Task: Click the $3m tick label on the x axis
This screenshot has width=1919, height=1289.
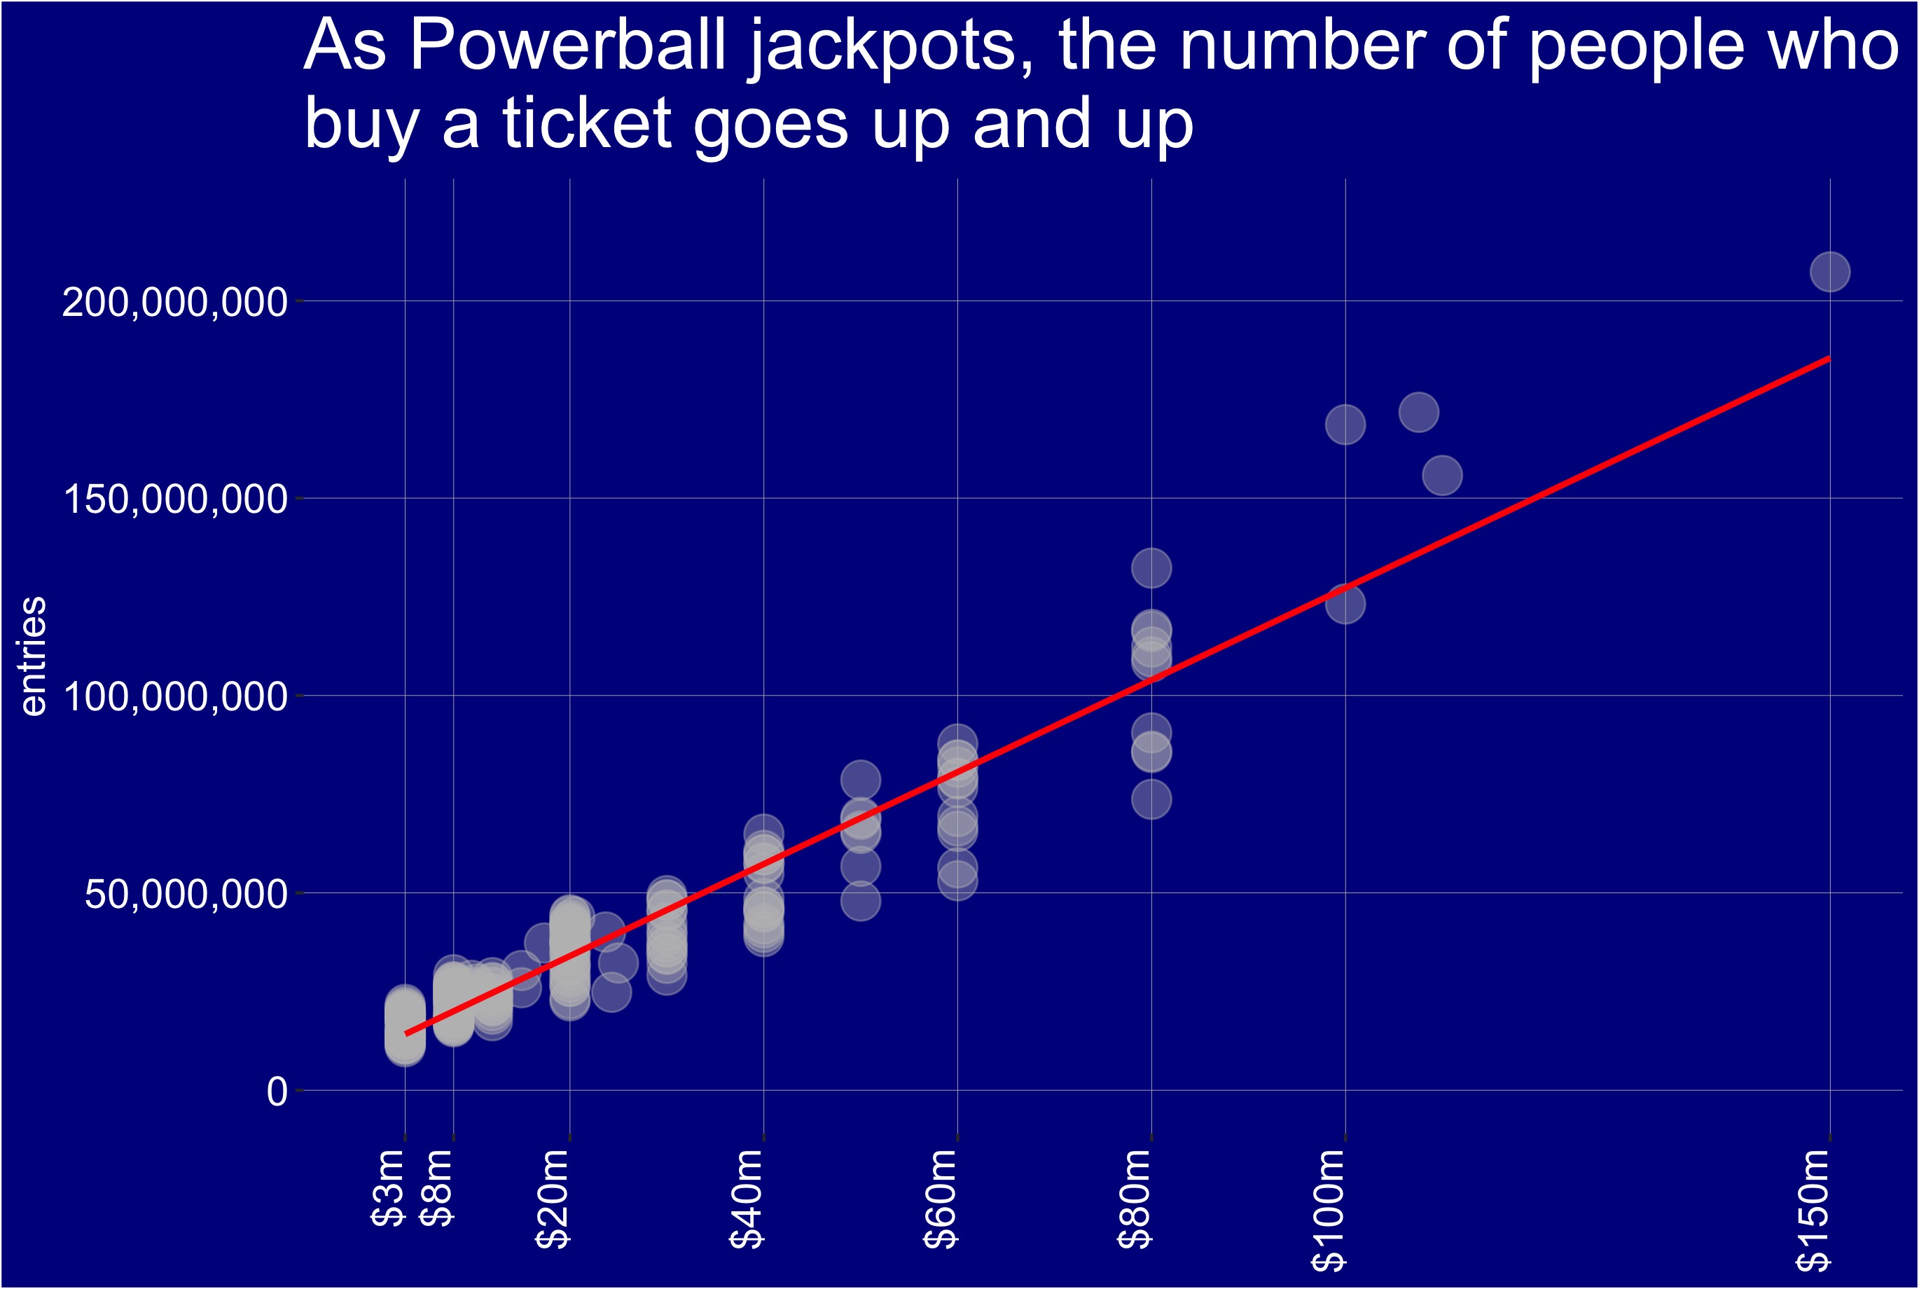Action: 388,1188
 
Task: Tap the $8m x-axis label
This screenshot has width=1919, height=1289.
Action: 436,1188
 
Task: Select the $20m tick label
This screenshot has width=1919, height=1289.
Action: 553,1199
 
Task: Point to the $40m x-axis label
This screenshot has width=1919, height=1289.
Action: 747,1199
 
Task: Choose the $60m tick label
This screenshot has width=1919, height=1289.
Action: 941,1199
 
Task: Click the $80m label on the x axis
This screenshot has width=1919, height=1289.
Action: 1135,1199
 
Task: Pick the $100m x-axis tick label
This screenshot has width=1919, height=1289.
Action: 1328,1209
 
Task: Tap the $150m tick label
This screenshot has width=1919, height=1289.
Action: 1813,1209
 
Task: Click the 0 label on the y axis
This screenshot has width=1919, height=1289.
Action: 277,1091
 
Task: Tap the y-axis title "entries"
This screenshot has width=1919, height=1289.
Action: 33,656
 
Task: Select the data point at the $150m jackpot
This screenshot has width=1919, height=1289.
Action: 1830,272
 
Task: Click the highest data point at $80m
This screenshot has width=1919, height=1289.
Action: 1151,568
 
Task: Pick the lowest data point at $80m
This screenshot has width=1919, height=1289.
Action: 1151,799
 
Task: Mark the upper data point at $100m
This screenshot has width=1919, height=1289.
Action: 1345,425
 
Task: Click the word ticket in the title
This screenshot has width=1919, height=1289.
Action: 587,123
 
